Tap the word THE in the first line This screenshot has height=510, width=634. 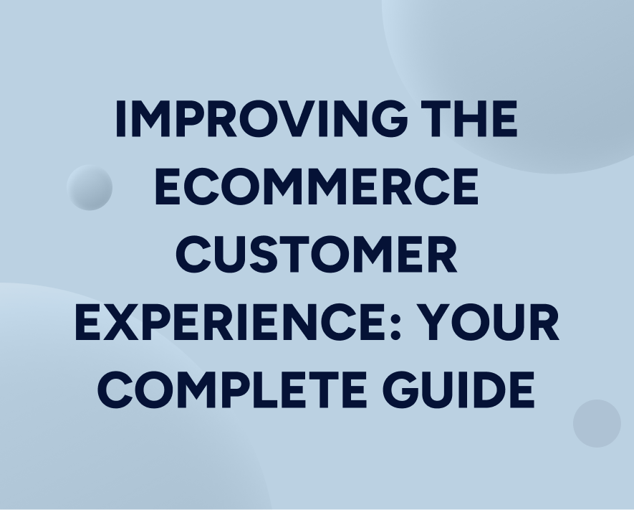pyautogui.click(x=469, y=119)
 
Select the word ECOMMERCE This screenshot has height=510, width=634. pyautogui.click(x=317, y=187)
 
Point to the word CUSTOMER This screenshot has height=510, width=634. pyautogui.click(x=317, y=255)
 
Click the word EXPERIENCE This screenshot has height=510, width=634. pyautogui.click(x=233, y=323)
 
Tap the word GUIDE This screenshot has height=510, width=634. pyautogui.click(x=458, y=388)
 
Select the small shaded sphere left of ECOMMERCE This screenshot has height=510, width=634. pyautogui.click(x=90, y=187)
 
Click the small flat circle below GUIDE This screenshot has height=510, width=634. pyautogui.click(x=597, y=423)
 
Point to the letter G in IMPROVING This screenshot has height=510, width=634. pyautogui.click(x=386, y=119)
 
